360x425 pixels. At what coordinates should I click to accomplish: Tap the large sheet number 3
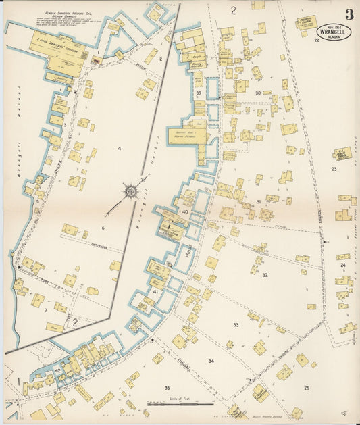(x=349, y=14)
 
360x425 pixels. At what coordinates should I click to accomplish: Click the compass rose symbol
(x=130, y=191)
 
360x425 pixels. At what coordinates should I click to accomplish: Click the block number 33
(x=236, y=325)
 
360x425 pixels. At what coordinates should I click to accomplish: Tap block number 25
(x=306, y=388)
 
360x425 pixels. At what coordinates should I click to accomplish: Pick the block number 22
(x=316, y=41)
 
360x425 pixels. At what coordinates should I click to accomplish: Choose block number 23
(x=334, y=169)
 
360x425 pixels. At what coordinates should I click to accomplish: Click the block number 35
(x=167, y=388)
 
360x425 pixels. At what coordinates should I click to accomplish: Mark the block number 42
(x=58, y=370)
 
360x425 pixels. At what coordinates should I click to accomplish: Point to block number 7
(x=45, y=310)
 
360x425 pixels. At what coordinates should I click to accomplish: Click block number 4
(x=118, y=148)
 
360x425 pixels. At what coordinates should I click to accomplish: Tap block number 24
(x=343, y=265)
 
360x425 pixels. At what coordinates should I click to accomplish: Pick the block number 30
(x=258, y=93)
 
